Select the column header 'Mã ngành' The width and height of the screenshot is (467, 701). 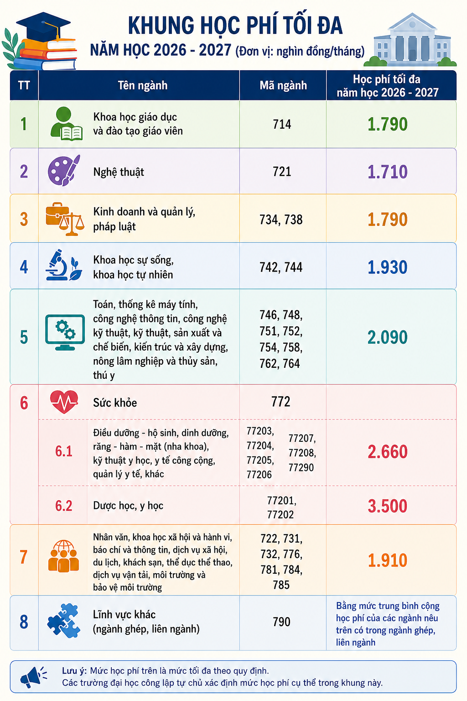pos(283,85)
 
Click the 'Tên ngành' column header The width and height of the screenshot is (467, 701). pos(143,85)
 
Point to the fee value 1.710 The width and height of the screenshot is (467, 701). pos(387,172)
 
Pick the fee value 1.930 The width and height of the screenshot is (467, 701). pos(387,267)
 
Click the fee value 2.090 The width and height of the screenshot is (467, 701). pos(387,337)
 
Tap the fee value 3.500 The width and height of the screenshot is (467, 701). pos(387,506)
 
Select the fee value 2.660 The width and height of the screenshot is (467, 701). pos(387,451)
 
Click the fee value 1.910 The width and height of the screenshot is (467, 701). pos(387,560)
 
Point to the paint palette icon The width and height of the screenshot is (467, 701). pos(64,171)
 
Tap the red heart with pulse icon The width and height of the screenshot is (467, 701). pos(64,402)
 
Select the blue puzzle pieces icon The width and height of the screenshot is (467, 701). pos(64,620)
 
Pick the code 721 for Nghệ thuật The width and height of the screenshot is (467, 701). pos(282,172)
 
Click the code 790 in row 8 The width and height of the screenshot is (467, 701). pos(281,622)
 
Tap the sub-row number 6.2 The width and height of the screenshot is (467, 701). pos(64,506)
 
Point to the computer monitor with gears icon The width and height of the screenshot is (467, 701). pos(65,332)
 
